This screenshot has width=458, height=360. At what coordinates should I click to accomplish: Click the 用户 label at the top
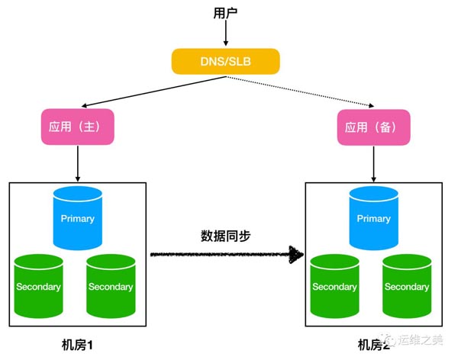227,13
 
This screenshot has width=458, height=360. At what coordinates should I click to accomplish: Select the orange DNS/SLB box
226,62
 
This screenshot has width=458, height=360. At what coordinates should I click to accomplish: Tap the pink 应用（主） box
77,127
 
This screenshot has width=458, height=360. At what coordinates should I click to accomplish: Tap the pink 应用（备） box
373,127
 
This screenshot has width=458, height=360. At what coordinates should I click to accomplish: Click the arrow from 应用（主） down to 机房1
78,162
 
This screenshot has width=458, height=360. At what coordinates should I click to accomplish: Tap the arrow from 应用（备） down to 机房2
373,162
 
